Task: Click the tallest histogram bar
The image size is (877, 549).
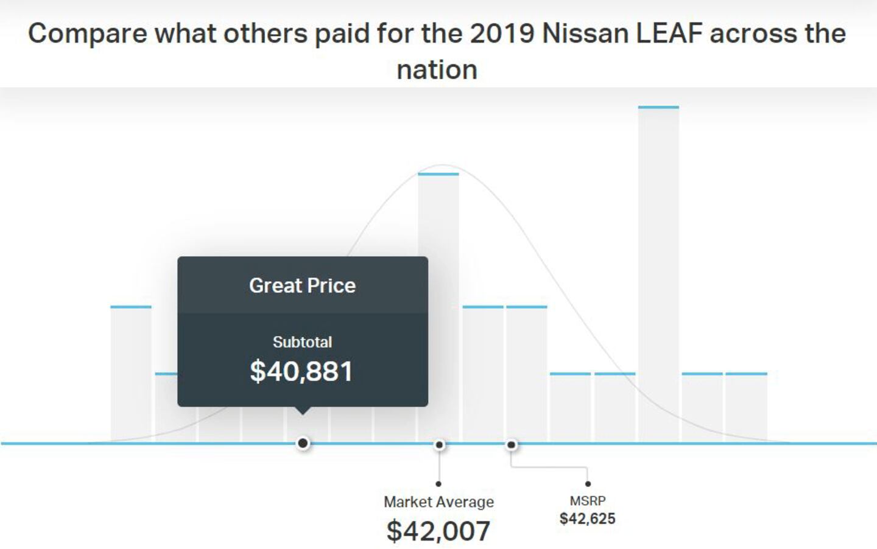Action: [658, 274]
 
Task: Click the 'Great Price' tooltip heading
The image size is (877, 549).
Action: [302, 285]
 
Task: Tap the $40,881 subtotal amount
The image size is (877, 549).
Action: [301, 371]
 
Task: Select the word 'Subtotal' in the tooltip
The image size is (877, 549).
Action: [302, 342]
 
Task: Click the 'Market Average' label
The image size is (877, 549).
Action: [438, 502]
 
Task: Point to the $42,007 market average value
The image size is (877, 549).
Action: [438, 531]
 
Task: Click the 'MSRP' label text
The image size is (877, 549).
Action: [588, 501]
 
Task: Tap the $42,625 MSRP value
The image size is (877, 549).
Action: [588, 519]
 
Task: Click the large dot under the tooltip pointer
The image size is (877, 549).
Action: [303, 444]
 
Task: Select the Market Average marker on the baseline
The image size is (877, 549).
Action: [439, 445]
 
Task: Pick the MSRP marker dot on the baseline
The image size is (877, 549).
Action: [512, 445]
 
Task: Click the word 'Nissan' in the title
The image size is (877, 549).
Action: [585, 33]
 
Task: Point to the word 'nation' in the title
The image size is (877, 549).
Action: [437, 69]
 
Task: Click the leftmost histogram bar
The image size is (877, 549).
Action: [131, 374]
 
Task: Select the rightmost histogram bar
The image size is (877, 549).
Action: [746, 407]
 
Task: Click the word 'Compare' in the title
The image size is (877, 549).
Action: [87, 33]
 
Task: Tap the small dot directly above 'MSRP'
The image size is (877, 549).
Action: [588, 484]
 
